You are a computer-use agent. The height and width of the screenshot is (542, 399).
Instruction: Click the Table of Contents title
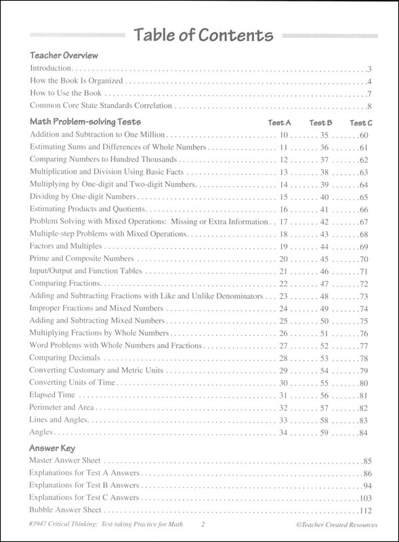point(203,35)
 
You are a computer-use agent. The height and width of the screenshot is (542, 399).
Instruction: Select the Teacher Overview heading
point(64,55)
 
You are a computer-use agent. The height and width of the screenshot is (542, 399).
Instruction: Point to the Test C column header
point(360,123)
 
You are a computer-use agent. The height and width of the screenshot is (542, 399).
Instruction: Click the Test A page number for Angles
point(284,432)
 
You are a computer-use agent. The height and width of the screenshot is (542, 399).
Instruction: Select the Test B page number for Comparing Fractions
point(324,283)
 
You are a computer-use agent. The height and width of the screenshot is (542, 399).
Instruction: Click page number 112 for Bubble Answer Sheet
point(366,510)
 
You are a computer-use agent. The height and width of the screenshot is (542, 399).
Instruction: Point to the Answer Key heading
point(52,448)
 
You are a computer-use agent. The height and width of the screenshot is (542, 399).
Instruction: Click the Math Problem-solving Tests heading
point(85,122)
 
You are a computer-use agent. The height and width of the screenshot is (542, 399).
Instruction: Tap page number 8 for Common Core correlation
point(370,106)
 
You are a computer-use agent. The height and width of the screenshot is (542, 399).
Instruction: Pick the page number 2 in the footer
point(202,525)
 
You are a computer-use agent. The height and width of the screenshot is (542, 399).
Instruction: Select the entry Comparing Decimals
point(64,358)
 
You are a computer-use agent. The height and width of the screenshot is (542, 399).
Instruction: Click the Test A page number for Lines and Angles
point(284,420)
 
